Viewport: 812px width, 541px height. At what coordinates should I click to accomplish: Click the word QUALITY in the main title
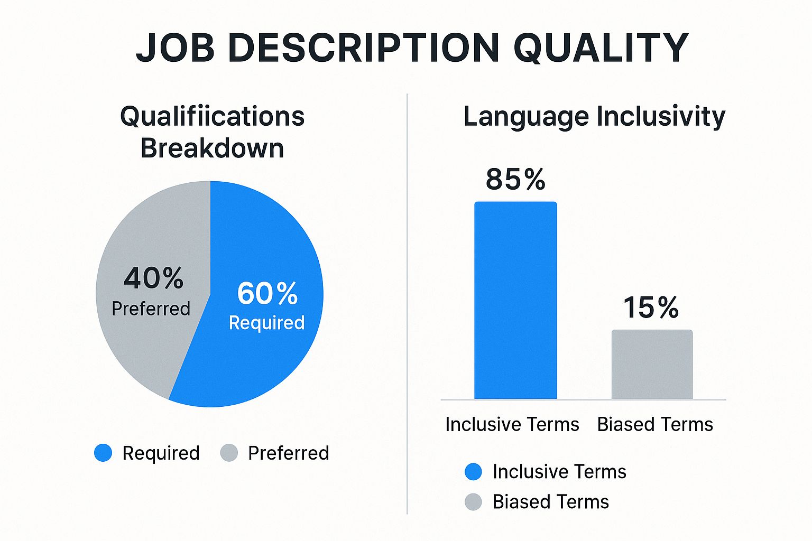pyautogui.click(x=601, y=48)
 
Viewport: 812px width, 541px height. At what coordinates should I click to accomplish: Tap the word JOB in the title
pyautogui.click(x=175, y=48)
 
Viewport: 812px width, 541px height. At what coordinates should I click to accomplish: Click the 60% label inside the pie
pyautogui.click(x=267, y=293)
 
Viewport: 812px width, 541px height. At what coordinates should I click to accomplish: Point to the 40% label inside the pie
pyautogui.click(x=153, y=278)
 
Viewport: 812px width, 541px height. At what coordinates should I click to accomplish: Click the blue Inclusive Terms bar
pyautogui.click(x=515, y=301)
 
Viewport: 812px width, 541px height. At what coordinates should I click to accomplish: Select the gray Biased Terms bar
pyautogui.click(x=652, y=365)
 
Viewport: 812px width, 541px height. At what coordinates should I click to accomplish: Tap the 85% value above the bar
pyautogui.click(x=515, y=179)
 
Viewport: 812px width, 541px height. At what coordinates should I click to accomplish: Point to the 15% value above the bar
pyautogui.click(x=651, y=307)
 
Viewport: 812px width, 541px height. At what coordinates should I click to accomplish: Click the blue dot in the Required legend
pyautogui.click(x=103, y=453)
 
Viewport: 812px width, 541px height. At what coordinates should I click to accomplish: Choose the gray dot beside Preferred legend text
pyautogui.click(x=229, y=453)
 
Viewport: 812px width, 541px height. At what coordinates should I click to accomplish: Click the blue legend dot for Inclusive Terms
pyautogui.click(x=473, y=471)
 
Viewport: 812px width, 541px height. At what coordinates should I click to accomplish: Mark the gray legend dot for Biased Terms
pyautogui.click(x=473, y=502)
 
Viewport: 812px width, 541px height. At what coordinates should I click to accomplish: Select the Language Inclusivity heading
pyautogui.click(x=595, y=117)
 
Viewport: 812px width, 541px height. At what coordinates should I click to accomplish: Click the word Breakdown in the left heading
pyautogui.click(x=212, y=148)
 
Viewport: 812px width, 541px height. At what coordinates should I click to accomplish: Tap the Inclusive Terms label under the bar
pyautogui.click(x=512, y=424)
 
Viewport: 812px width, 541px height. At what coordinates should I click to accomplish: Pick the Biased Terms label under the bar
pyautogui.click(x=655, y=424)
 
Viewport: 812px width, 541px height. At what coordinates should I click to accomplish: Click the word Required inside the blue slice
pyautogui.click(x=267, y=323)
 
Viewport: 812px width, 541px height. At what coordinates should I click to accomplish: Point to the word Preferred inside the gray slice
pyautogui.click(x=151, y=309)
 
